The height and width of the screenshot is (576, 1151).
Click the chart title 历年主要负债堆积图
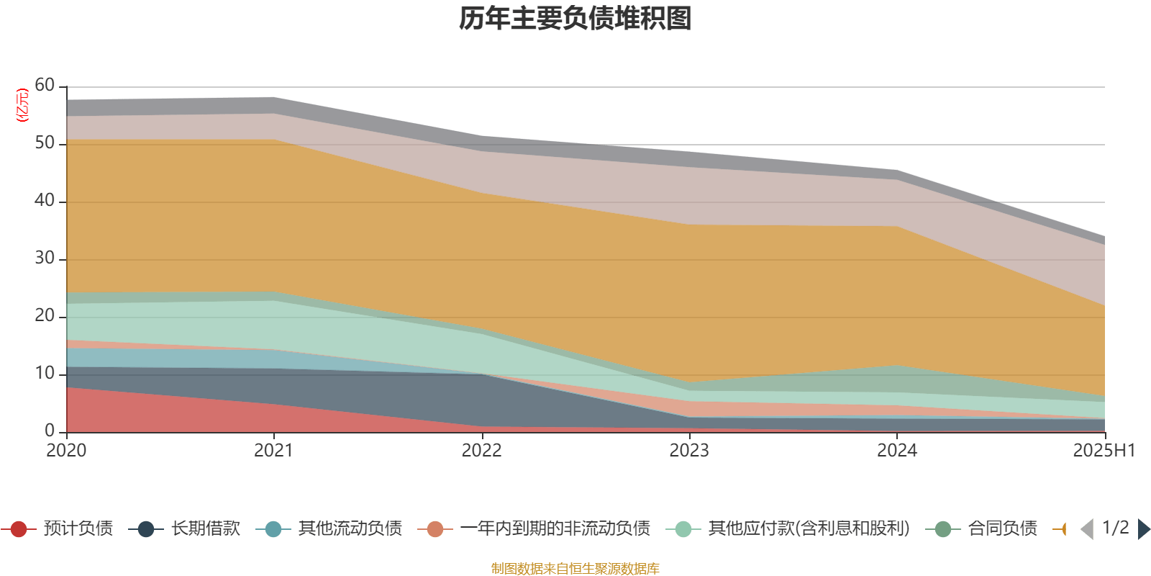pyautogui.click(x=575, y=19)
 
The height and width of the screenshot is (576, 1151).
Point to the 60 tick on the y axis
pyautogui.click(x=45, y=86)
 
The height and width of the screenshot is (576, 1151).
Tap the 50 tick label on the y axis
pyautogui.click(x=45, y=143)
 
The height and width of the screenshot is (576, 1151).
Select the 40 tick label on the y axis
pyautogui.click(x=45, y=201)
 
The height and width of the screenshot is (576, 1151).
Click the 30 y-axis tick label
pyautogui.click(x=45, y=258)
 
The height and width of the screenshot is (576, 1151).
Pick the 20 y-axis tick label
pyautogui.click(x=45, y=316)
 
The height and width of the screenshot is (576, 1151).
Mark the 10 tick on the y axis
pyautogui.click(x=45, y=374)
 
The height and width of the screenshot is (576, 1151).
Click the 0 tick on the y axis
pyautogui.click(x=49, y=431)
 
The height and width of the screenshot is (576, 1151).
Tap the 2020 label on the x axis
pyautogui.click(x=66, y=451)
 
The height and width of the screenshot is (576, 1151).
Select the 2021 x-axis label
pyautogui.click(x=274, y=451)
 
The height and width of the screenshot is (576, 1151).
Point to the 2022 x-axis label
pyautogui.click(x=481, y=451)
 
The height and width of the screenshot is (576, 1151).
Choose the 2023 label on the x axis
pyautogui.click(x=689, y=451)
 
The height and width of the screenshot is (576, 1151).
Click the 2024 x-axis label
pyautogui.click(x=897, y=451)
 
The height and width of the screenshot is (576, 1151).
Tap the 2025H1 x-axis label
pyautogui.click(x=1104, y=451)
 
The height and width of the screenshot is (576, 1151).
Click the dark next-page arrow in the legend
pyautogui.click(x=1144, y=529)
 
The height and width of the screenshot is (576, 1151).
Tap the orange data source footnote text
pyautogui.click(x=575, y=569)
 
